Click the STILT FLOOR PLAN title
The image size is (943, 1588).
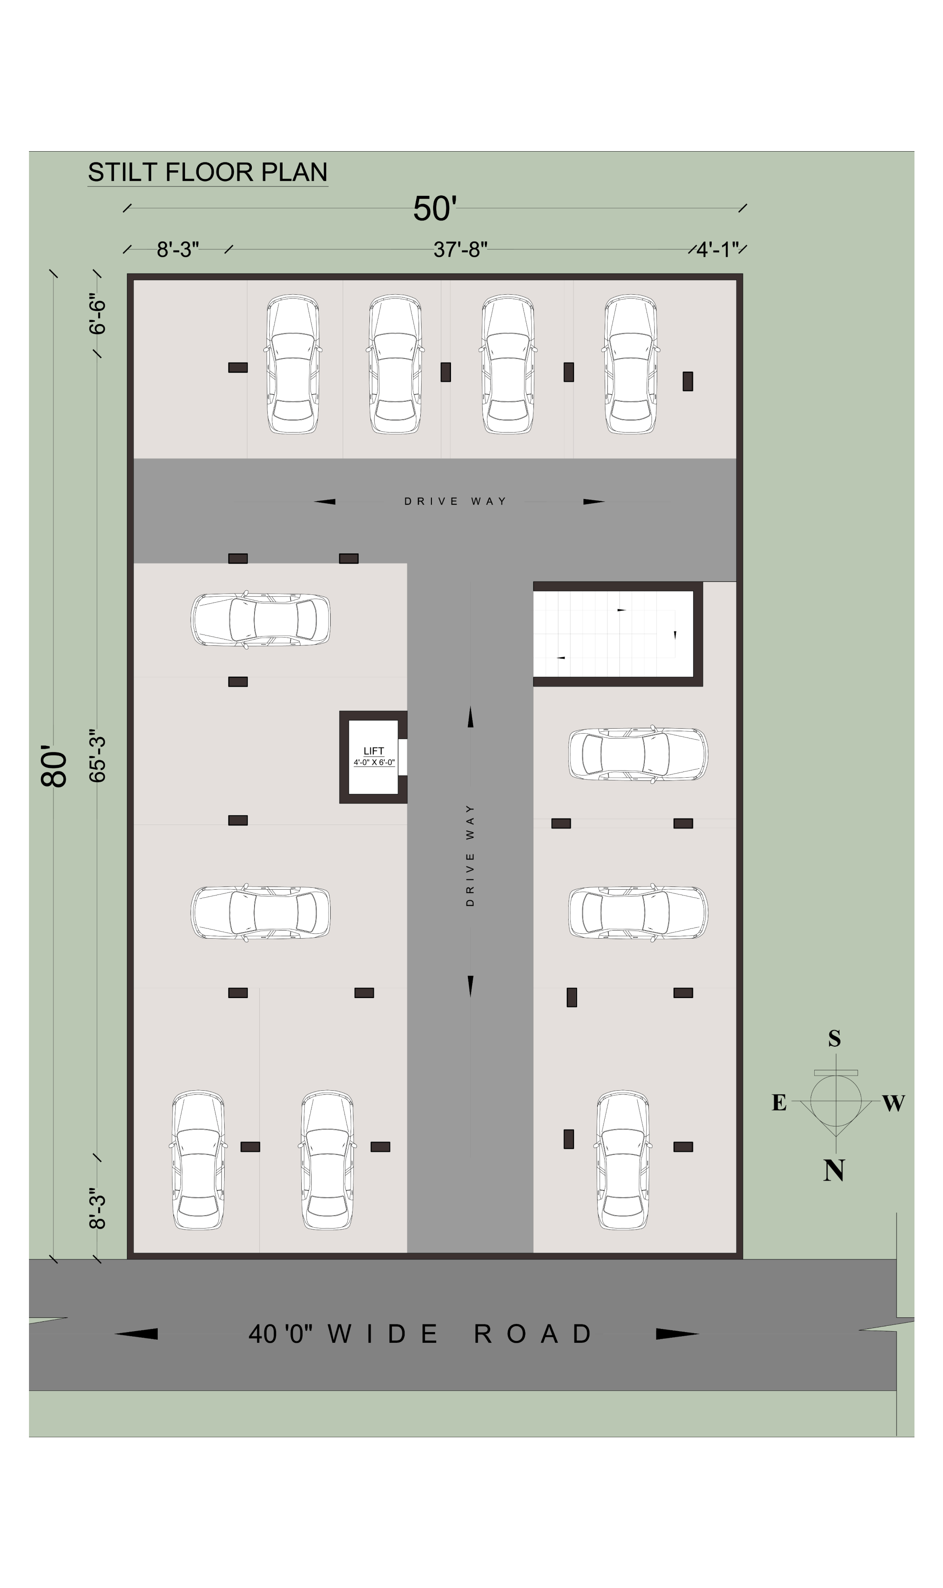click(x=208, y=172)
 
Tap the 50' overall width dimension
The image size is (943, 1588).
click(x=435, y=209)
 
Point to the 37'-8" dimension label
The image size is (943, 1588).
click(x=461, y=249)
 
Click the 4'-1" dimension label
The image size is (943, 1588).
click(x=718, y=249)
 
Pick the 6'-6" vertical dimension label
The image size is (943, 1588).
click(x=97, y=313)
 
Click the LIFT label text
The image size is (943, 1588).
click(x=373, y=751)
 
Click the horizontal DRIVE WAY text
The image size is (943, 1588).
click(x=455, y=502)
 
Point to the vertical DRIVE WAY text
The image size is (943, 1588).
click(x=470, y=855)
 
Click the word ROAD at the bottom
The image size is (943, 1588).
click(x=533, y=1334)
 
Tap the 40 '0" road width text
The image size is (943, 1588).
click(x=280, y=1334)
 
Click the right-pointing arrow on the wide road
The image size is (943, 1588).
click(x=677, y=1334)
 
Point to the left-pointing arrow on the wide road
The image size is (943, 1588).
click(x=136, y=1334)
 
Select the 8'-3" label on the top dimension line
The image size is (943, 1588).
click(x=178, y=249)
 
